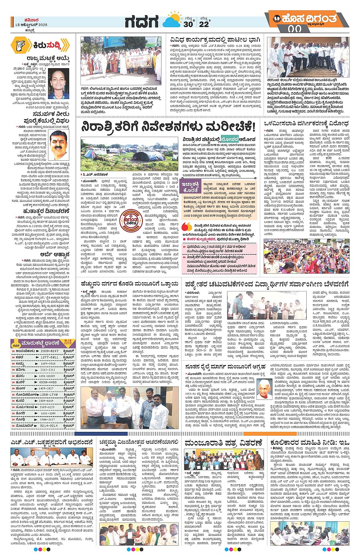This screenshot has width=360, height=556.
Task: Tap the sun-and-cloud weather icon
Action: [x=172, y=20]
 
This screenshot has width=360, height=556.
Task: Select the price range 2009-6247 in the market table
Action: [x=49, y=351]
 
